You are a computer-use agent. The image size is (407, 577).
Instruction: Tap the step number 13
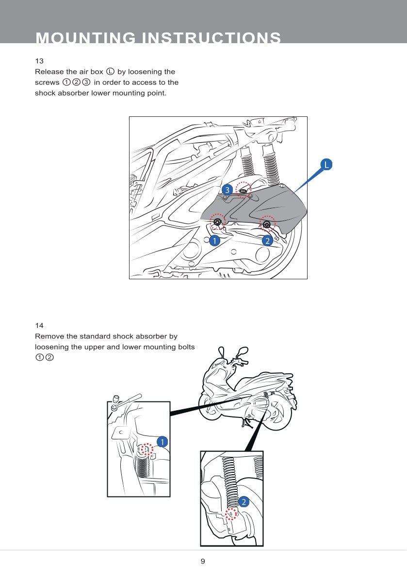[x=39, y=61]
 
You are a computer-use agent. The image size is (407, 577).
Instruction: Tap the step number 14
[x=39, y=325]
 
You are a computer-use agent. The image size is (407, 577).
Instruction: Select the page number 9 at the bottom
[x=203, y=561]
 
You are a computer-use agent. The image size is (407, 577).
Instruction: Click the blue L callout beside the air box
[x=326, y=165]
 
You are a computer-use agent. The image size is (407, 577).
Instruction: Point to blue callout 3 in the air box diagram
[x=226, y=189]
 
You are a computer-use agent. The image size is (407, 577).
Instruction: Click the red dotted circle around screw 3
[x=244, y=190]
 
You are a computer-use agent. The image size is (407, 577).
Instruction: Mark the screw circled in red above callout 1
[x=218, y=223]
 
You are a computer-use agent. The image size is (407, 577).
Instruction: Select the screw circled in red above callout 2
[x=267, y=224]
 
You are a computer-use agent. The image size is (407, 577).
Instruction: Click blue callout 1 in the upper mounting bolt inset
[x=162, y=441]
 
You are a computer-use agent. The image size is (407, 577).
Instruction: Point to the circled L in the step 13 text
[x=110, y=72]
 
